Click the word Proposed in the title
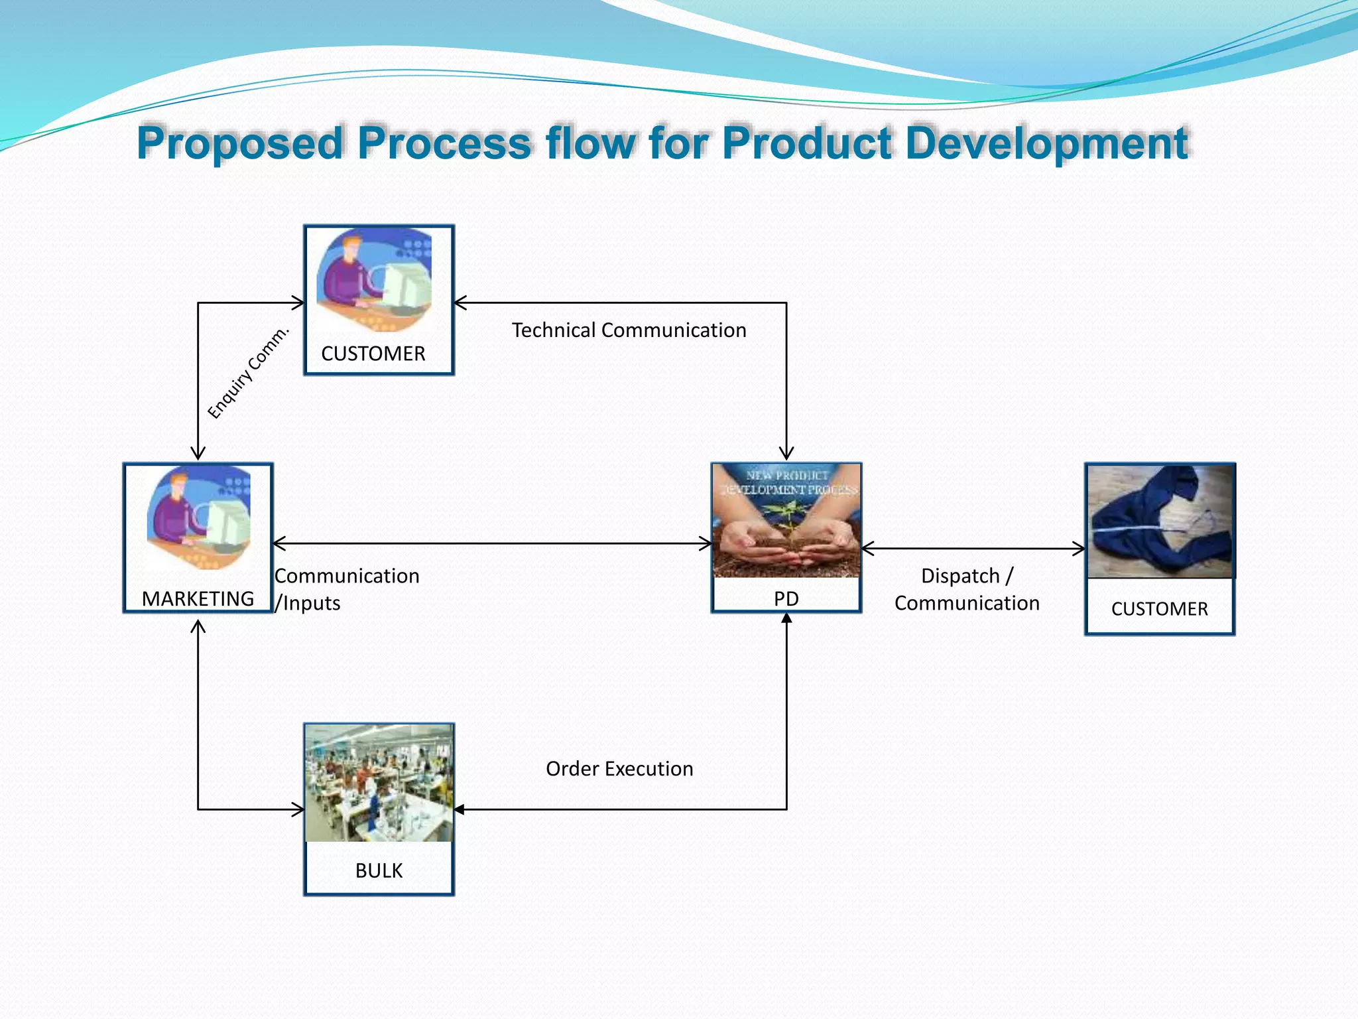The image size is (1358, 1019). (x=240, y=143)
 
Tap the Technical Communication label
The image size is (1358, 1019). (x=629, y=330)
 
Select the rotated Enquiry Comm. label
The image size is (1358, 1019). (x=249, y=372)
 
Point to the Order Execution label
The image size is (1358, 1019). (x=619, y=769)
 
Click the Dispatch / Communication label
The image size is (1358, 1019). (x=967, y=589)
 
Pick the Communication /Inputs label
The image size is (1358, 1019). (x=347, y=589)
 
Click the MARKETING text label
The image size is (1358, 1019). (x=198, y=599)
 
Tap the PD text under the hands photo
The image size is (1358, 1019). (x=786, y=599)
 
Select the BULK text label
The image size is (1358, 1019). (x=379, y=870)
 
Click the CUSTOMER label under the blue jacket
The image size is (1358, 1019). (x=1159, y=609)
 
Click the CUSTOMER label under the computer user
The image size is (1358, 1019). (x=373, y=354)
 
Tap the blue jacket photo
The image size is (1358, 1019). (x=1159, y=521)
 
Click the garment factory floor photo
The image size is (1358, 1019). (x=379, y=783)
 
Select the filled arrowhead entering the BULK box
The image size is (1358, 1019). (x=459, y=809)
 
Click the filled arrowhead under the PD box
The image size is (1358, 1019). (x=786, y=618)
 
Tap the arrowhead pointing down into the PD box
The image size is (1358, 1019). (x=786, y=454)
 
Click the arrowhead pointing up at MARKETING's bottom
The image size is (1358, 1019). (x=198, y=626)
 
